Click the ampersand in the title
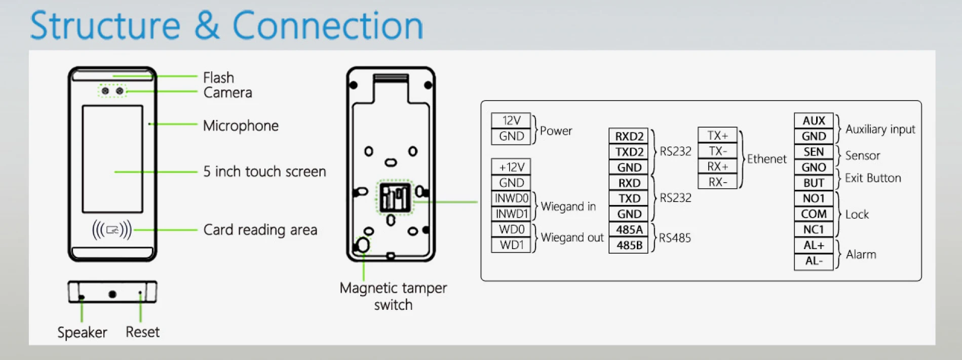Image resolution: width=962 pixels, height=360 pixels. pyautogui.click(x=207, y=26)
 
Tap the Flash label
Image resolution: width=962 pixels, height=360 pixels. pyautogui.click(x=218, y=77)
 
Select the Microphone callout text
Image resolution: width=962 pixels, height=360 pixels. pyautogui.click(x=241, y=126)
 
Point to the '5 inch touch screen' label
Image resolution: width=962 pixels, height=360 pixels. pyautogui.click(x=264, y=172)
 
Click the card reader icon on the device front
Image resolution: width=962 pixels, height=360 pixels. pyautogui.click(x=112, y=230)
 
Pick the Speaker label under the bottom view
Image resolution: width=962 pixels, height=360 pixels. pyautogui.click(x=82, y=332)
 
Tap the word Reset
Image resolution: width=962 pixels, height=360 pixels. pyautogui.click(x=142, y=332)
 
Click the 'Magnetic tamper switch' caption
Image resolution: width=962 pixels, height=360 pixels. pyautogui.click(x=393, y=296)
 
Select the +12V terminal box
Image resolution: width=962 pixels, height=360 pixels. pyautogui.click(x=511, y=167)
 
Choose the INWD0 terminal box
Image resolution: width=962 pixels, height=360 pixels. pyautogui.click(x=511, y=198)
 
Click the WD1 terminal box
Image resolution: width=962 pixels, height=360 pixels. pyautogui.click(x=511, y=245)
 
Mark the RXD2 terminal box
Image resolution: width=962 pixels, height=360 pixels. pyautogui.click(x=629, y=136)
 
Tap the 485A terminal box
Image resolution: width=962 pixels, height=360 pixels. pyautogui.click(x=629, y=230)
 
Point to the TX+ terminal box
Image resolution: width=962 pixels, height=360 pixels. pyautogui.click(x=717, y=135)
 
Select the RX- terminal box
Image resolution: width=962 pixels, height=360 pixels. pyautogui.click(x=717, y=182)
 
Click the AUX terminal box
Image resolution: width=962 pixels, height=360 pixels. pyautogui.click(x=814, y=121)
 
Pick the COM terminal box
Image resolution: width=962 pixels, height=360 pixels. pyautogui.click(x=814, y=214)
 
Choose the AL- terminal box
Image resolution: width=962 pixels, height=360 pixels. pyautogui.click(x=814, y=261)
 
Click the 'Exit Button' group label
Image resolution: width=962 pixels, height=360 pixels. pyautogui.click(x=872, y=178)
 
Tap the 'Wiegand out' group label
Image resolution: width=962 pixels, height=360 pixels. pyautogui.click(x=572, y=237)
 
